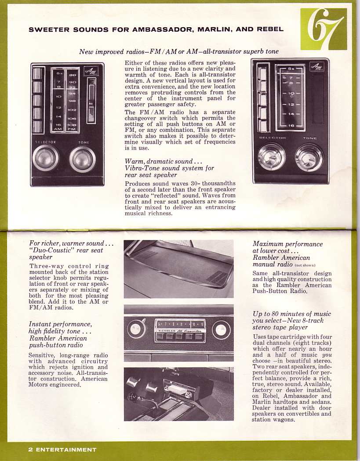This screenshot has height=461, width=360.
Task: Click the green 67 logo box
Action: tap(324, 29)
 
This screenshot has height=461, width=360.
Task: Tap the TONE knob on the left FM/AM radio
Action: tap(82, 159)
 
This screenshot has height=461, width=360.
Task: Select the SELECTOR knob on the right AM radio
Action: tap(272, 156)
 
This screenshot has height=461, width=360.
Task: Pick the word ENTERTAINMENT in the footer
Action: tap(66, 450)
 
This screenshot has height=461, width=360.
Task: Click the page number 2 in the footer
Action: tap(30, 450)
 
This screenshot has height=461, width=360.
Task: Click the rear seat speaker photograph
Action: tap(178, 269)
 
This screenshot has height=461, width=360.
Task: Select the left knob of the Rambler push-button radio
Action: tap(136, 329)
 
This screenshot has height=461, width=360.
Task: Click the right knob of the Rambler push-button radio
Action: tap(221, 329)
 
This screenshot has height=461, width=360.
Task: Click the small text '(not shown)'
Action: tap(305, 265)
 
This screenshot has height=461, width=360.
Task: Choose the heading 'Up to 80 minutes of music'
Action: tap(292, 314)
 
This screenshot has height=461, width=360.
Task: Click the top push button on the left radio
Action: tap(37, 73)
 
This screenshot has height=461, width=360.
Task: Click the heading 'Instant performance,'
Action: tap(60, 324)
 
